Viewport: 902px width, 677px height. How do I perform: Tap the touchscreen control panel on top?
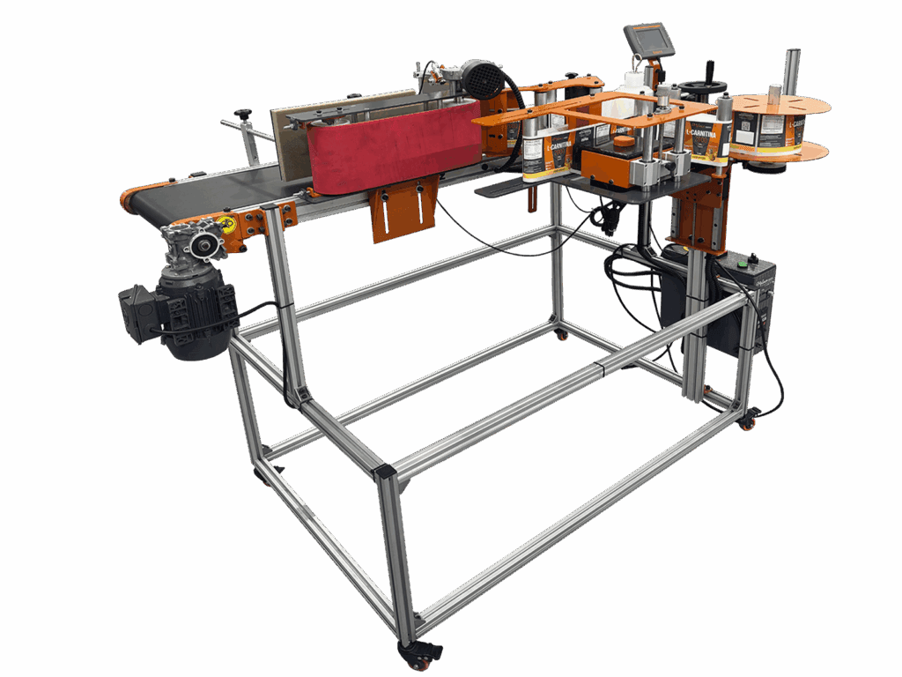(648, 40)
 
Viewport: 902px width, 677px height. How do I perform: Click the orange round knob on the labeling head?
(624, 140)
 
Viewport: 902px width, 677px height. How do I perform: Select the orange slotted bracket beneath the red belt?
(403, 208)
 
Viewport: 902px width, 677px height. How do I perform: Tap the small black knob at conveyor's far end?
(242, 114)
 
